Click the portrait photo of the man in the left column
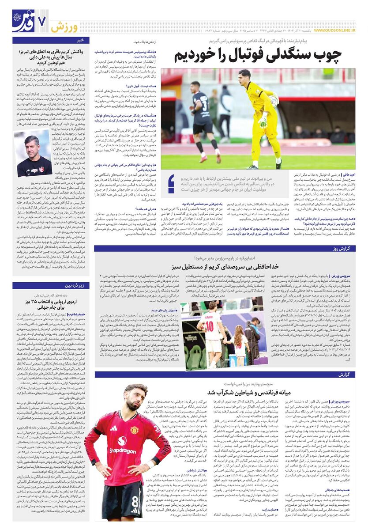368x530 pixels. click(32, 153)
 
